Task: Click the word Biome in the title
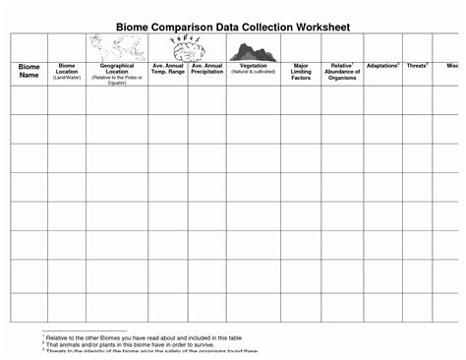click(x=138, y=23)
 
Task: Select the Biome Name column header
click(x=29, y=71)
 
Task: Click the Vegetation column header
click(x=254, y=66)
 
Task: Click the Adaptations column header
click(x=382, y=66)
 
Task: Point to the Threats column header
click(x=418, y=66)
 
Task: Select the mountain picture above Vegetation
click(x=254, y=51)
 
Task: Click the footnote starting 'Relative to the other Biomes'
click(x=143, y=337)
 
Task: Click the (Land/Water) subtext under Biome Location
click(x=67, y=76)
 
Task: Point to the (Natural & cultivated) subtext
click(x=254, y=72)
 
